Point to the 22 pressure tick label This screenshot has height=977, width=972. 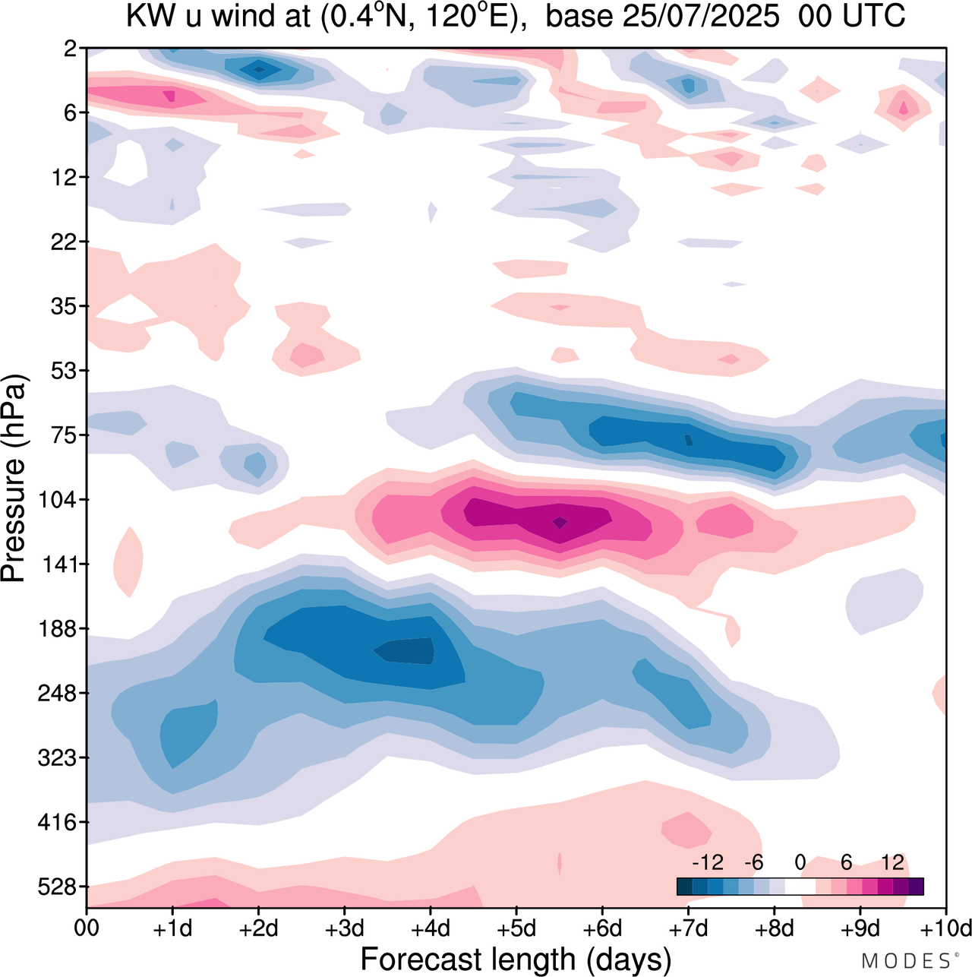click(x=63, y=242)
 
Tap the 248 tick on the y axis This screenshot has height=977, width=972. click(x=57, y=694)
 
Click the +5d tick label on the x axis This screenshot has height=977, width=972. click(x=516, y=928)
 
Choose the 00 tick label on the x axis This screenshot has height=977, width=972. click(x=87, y=928)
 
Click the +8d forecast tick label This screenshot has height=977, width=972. click(x=774, y=928)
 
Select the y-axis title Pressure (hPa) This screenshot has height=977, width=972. click(x=14, y=479)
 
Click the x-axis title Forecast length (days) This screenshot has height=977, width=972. click(x=516, y=959)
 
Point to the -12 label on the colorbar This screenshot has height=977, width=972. click(x=707, y=862)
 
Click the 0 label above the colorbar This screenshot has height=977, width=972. click(x=800, y=862)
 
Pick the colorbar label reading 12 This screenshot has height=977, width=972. click(x=892, y=862)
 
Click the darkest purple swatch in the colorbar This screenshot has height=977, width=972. click(x=916, y=887)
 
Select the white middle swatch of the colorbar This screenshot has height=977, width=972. click(x=800, y=887)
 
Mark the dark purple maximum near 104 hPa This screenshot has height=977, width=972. click(x=560, y=522)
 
